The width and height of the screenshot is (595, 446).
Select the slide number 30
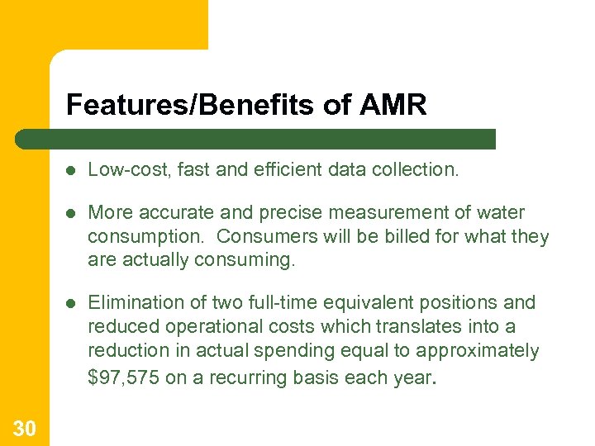[24, 427]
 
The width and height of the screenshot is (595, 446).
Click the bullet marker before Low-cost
[72, 170]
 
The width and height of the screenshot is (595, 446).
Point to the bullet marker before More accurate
[72, 213]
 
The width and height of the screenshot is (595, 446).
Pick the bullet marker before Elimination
[72, 303]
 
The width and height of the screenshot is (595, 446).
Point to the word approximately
[478, 351]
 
